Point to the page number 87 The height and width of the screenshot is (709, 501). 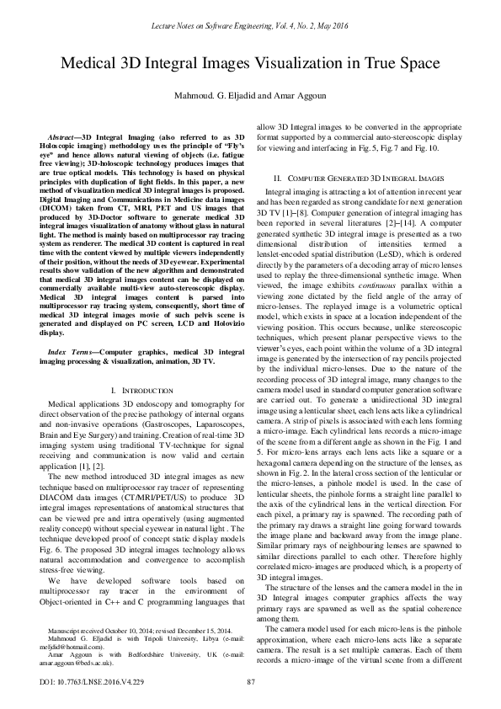[x=250, y=681]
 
